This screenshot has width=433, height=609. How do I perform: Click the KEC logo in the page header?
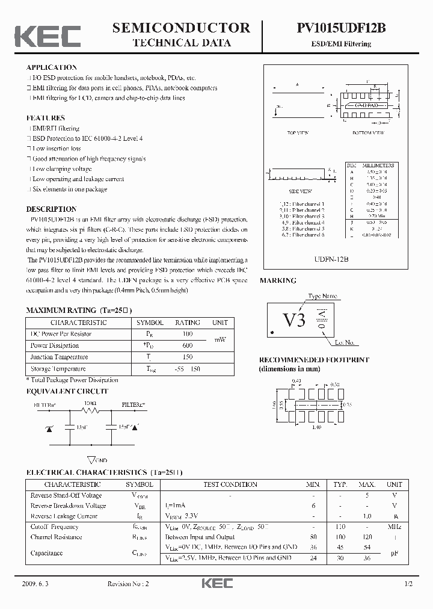(47, 36)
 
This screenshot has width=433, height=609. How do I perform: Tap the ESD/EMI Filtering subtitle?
(349, 44)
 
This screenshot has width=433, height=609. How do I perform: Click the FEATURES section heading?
(45, 118)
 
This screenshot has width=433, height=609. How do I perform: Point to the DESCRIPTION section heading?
(51, 209)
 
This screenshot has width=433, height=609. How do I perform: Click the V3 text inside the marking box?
(294, 320)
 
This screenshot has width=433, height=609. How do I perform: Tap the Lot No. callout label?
(345, 343)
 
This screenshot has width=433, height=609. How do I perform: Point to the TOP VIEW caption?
(298, 132)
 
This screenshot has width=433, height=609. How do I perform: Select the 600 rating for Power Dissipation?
(187, 345)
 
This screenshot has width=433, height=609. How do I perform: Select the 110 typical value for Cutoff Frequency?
(340, 527)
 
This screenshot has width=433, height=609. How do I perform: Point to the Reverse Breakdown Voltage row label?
(68, 505)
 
